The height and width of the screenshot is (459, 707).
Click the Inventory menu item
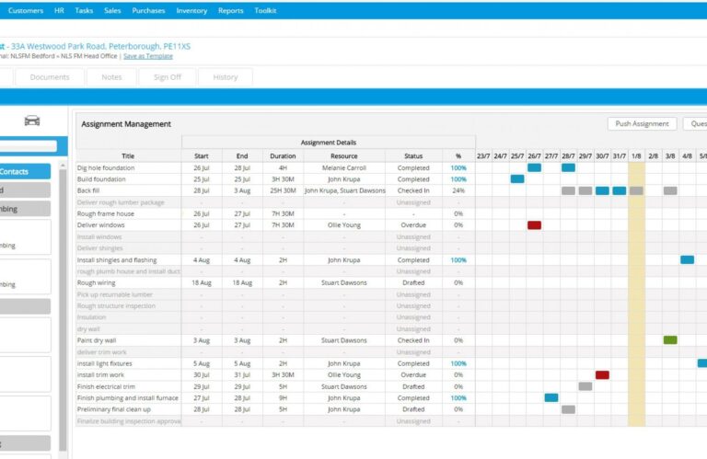pos(191,11)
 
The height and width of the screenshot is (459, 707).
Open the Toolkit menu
pos(265,11)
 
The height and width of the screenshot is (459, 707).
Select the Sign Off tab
pos(167,77)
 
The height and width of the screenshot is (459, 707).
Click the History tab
pos(226,77)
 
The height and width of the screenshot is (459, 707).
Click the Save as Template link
pos(147,56)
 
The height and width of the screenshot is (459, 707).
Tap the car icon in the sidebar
pos(33,120)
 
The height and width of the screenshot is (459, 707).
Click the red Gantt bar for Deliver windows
pos(534,224)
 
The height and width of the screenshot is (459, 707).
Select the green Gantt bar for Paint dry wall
pos(670,340)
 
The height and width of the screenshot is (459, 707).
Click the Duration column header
pos(283,155)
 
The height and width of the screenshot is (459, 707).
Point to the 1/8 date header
pos(636,155)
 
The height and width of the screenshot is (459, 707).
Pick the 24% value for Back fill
pos(458,190)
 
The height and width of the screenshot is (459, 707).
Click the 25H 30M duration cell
pos(283,190)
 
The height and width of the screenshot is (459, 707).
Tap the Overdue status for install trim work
pos(413,375)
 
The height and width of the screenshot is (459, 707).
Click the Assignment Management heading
pos(126,124)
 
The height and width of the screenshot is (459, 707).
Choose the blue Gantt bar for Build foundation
pos(517,179)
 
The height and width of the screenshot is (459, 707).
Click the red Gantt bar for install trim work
pos(602,375)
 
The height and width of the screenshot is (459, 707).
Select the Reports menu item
pos(231,11)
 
